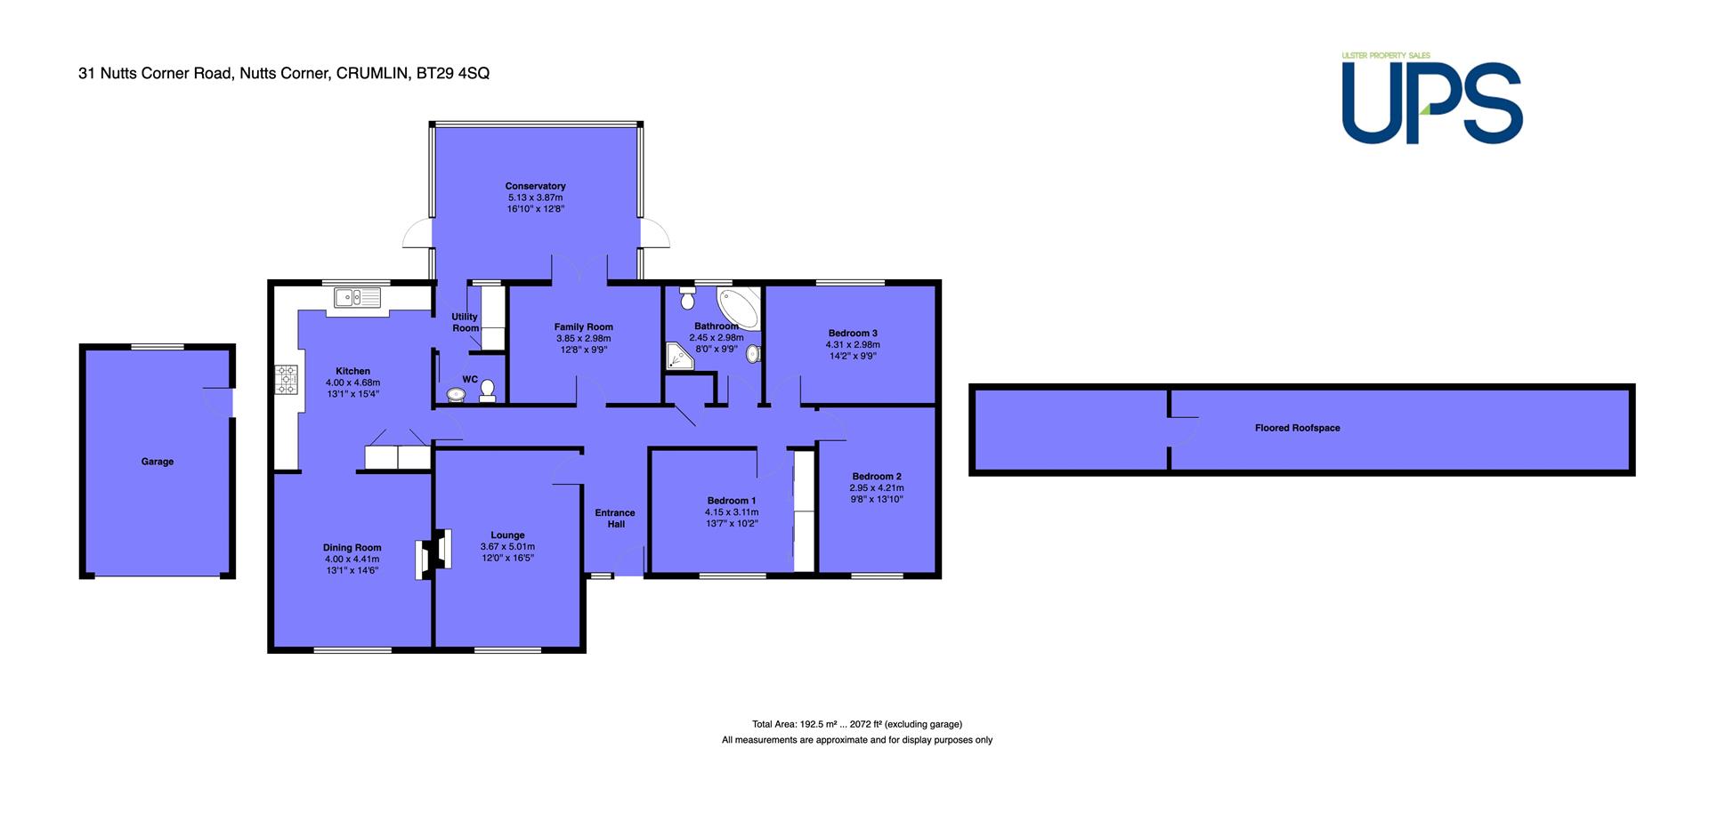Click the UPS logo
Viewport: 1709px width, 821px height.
(x=1432, y=99)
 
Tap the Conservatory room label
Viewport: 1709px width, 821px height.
(x=535, y=186)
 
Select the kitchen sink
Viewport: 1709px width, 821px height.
(x=357, y=297)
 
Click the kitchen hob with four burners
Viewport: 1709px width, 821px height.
(x=287, y=380)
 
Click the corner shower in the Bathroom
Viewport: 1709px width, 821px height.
(x=679, y=357)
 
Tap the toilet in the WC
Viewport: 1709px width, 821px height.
(x=488, y=392)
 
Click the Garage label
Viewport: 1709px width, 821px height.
(x=158, y=462)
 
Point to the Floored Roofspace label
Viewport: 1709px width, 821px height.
(x=1297, y=428)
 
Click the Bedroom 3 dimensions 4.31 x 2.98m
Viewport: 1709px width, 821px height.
(x=853, y=344)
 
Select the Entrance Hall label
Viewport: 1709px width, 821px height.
(x=615, y=519)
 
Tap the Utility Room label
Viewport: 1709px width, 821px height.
(x=465, y=322)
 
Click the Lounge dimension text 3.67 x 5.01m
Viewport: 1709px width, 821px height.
(x=507, y=546)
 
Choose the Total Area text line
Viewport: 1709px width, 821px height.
(x=857, y=724)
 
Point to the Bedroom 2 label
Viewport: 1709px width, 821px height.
(x=877, y=476)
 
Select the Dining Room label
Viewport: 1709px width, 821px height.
(x=352, y=548)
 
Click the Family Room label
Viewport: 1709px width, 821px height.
(x=584, y=326)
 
